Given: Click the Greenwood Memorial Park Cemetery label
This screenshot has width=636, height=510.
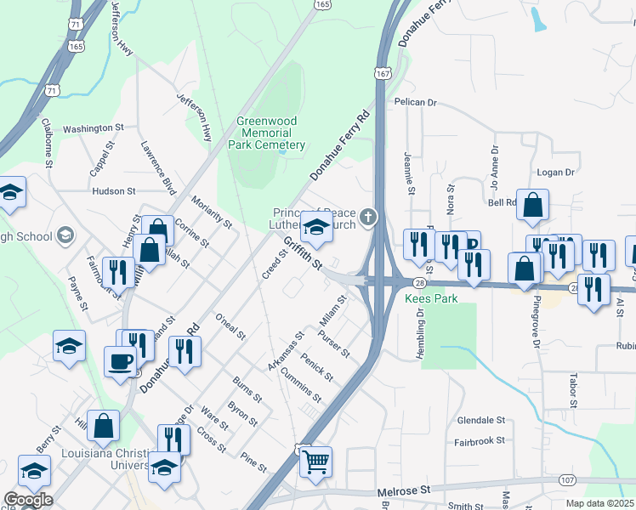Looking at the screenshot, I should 267,133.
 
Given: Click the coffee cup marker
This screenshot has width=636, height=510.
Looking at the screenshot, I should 120,360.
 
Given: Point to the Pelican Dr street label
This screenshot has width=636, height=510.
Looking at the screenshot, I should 415,102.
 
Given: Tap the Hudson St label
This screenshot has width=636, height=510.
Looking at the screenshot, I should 113,192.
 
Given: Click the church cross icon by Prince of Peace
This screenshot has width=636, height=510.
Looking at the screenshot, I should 368,218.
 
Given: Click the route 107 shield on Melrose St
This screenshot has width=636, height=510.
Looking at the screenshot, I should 567,480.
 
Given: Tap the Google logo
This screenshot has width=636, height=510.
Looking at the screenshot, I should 27,500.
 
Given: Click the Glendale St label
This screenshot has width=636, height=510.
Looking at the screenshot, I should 481,420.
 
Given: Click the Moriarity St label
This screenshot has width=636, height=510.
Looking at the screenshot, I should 212,210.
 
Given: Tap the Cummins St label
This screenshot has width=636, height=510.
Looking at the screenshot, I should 300,386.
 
